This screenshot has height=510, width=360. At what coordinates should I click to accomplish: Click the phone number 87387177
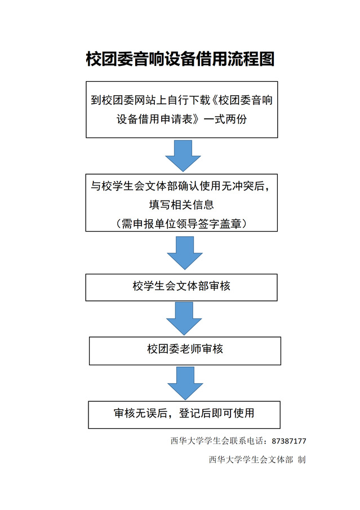[289, 441]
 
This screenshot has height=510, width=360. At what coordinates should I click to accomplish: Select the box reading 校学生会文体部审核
[181, 286]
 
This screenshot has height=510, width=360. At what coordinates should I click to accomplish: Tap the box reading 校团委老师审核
[185, 349]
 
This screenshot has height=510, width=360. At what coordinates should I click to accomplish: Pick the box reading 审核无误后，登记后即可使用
[184, 414]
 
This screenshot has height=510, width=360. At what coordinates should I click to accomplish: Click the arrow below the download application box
[183, 155]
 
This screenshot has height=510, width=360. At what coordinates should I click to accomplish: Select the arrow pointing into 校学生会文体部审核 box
[184, 252]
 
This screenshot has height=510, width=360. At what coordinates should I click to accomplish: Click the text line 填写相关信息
[181, 204]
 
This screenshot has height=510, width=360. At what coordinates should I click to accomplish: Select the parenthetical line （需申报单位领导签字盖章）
[181, 223]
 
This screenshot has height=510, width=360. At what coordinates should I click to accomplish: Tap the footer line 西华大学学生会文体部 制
[257, 459]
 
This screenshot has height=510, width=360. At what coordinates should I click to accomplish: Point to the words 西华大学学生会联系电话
[219, 441]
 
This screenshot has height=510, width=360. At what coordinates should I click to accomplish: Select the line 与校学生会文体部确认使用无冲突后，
[181, 186]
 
